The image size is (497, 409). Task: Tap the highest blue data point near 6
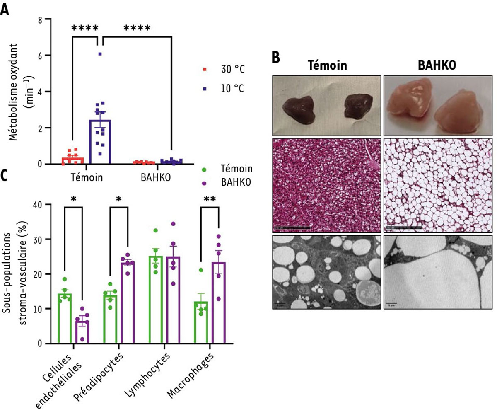[100, 54]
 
